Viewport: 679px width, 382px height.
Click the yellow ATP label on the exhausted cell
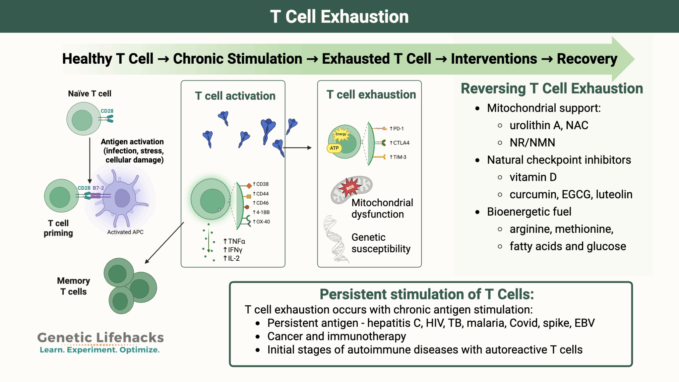pos(334,148)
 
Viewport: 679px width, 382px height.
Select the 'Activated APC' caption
pos(125,232)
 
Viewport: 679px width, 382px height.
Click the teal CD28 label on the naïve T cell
pos(107,111)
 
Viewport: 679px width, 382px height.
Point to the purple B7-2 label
pos(98,188)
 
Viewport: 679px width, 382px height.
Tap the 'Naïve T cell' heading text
pos(90,94)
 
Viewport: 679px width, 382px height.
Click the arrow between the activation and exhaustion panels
pos(297,148)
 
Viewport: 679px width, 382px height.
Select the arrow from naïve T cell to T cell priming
pos(90,159)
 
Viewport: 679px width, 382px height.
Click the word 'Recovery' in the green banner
pos(587,59)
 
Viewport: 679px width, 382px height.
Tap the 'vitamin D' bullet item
pos(533,177)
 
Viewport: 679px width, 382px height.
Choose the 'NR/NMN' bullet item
pos(532,143)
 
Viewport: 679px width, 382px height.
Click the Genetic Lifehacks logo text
pos(100,338)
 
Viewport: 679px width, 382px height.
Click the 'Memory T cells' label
pos(73,286)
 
